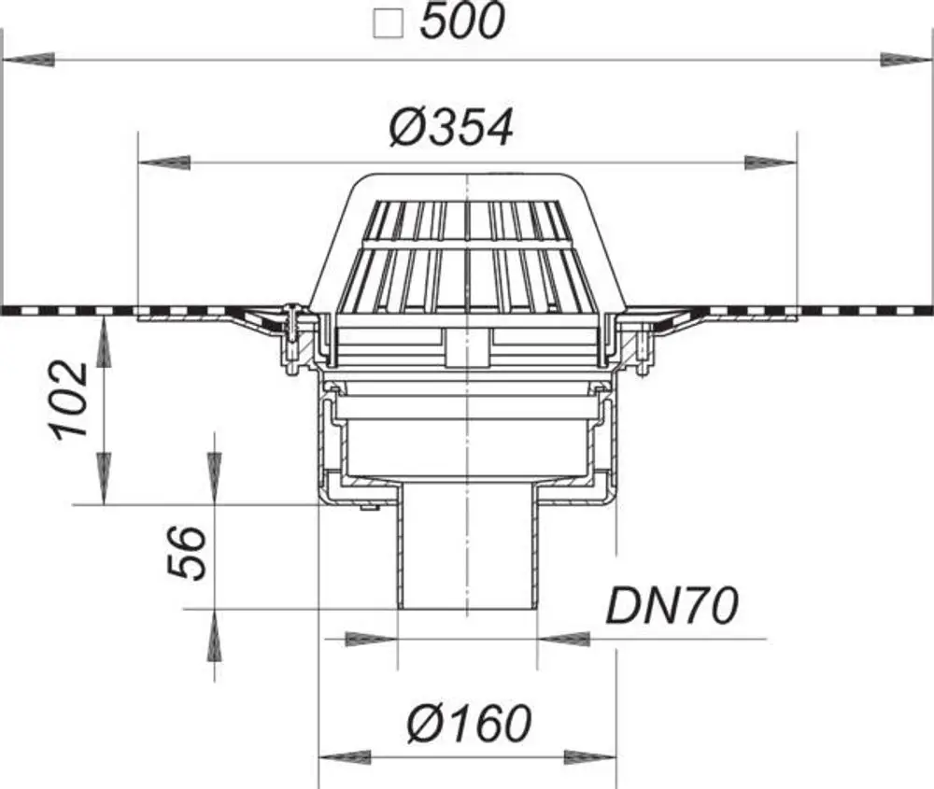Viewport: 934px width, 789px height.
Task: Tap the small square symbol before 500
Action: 389,24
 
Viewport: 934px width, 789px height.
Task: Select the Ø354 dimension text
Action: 451,128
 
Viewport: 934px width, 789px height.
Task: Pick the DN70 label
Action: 672,606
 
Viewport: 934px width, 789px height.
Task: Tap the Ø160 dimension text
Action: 469,723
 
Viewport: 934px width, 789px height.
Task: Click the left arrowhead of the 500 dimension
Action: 29,60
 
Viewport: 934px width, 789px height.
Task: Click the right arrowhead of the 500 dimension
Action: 905,60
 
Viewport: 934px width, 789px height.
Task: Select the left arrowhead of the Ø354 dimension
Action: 164,162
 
